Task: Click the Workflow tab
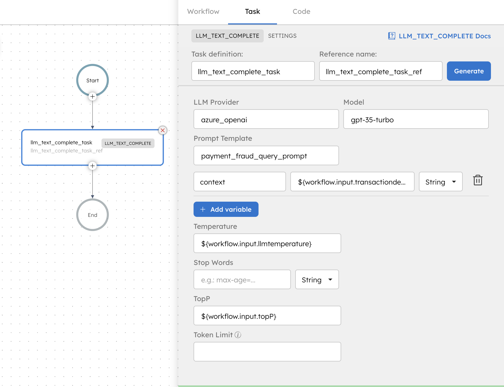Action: click(x=203, y=12)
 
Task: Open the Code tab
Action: click(x=301, y=12)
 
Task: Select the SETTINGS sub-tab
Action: click(x=282, y=36)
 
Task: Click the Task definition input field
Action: click(x=253, y=71)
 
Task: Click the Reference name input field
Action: click(x=381, y=71)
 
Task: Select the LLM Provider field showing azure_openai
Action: click(x=266, y=119)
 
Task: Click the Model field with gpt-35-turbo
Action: click(x=416, y=119)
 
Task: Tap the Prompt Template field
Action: click(x=266, y=156)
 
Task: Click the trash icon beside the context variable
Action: click(x=478, y=180)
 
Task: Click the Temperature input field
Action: click(x=267, y=244)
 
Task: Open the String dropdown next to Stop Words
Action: click(x=317, y=280)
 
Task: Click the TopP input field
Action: click(x=267, y=316)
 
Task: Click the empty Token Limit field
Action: click(x=267, y=352)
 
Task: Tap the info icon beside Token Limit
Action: click(x=238, y=335)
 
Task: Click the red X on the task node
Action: click(x=163, y=130)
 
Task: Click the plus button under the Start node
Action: click(x=92, y=96)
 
